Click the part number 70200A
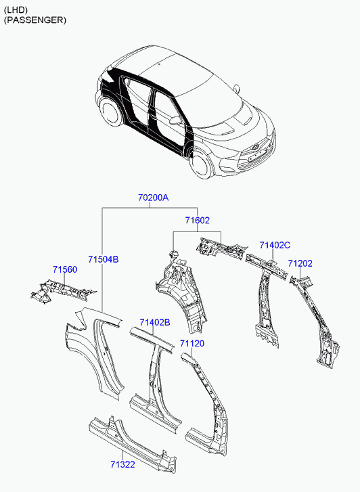click(153, 198)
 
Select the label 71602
click(197, 220)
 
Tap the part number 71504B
click(104, 259)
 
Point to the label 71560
click(65, 269)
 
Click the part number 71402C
click(275, 245)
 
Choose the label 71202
click(300, 263)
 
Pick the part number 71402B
click(155, 322)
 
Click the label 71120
click(192, 343)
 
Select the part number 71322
click(122, 464)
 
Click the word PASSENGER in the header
click(35, 20)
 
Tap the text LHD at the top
click(16, 10)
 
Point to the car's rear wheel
click(110, 112)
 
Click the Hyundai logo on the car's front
click(255, 147)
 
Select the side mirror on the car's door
click(174, 120)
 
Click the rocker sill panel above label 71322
click(132, 441)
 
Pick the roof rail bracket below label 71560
click(62, 290)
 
